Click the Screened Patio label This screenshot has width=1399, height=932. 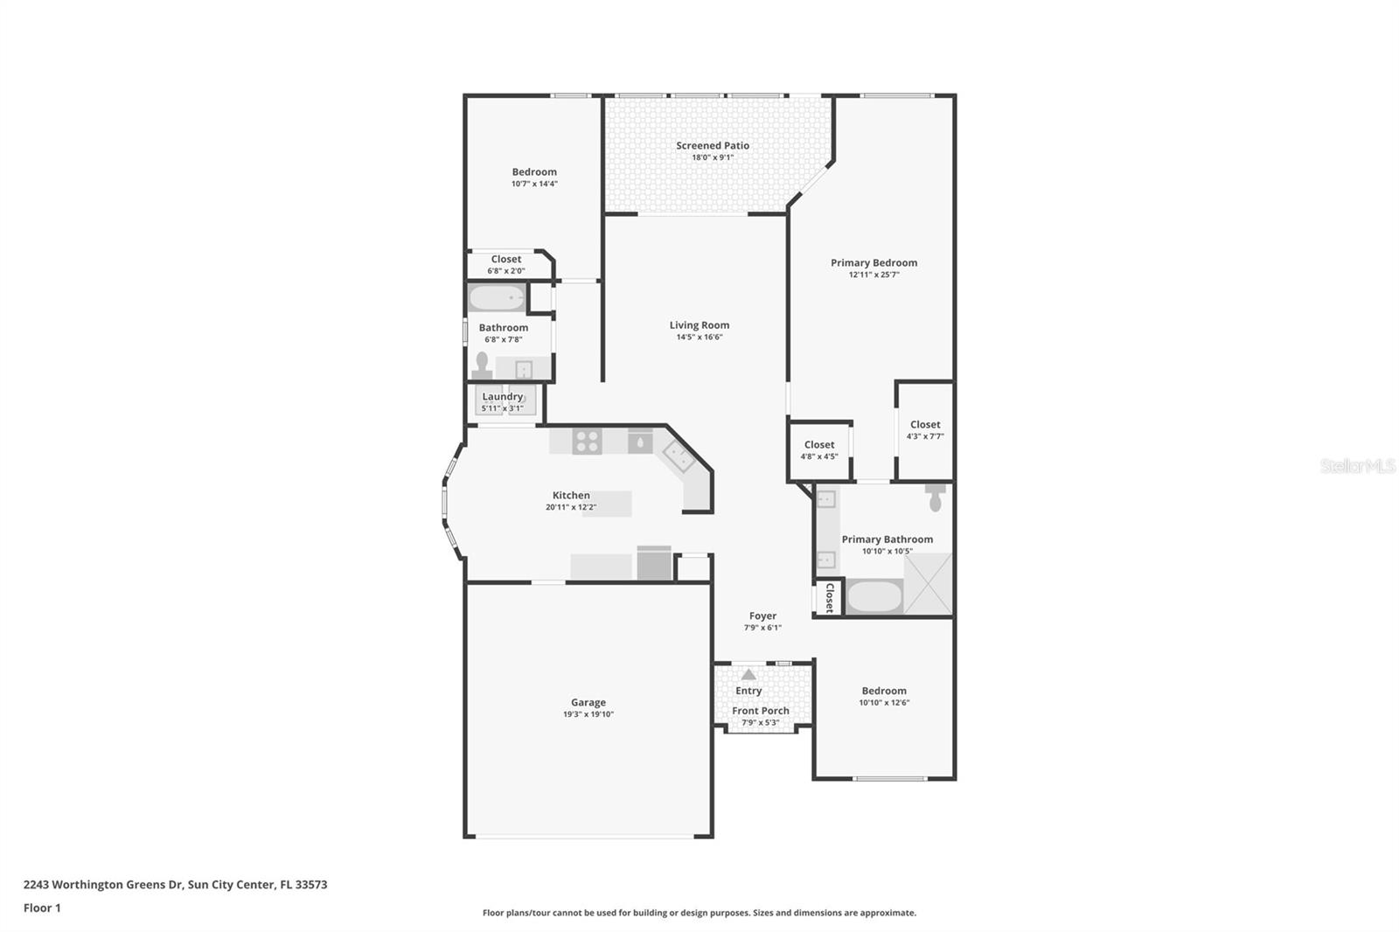click(x=712, y=146)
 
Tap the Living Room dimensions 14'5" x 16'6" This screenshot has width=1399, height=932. click(x=699, y=337)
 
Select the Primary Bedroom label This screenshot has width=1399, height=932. click(x=874, y=262)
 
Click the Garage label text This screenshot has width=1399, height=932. click(x=588, y=702)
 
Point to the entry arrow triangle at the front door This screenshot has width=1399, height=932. click(x=748, y=674)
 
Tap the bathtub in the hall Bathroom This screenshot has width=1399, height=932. click(x=496, y=298)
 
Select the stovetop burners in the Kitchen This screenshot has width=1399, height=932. click(x=587, y=442)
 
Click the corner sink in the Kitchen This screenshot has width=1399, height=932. click(x=679, y=455)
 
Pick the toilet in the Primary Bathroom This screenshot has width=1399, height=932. click(x=936, y=498)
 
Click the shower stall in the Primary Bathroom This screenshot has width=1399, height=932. click(x=928, y=584)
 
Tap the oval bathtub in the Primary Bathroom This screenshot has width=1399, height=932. click(x=874, y=597)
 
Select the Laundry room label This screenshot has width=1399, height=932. click(x=502, y=397)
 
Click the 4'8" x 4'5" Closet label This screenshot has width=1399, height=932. click(x=819, y=445)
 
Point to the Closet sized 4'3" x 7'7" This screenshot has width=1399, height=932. click(x=925, y=425)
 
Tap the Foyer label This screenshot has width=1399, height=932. click(x=762, y=616)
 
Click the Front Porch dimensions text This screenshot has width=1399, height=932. click(x=760, y=723)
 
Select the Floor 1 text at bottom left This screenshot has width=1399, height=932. click(x=42, y=908)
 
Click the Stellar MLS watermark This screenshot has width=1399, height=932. click(x=1357, y=467)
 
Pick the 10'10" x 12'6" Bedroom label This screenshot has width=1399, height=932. click(x=884, y=691)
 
